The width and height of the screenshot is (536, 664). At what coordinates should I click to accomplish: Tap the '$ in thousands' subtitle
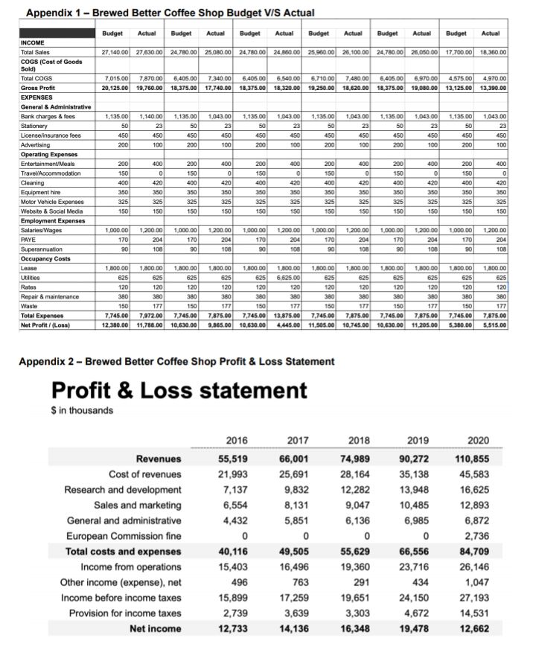83,410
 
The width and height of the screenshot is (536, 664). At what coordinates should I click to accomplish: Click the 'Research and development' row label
126,491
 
